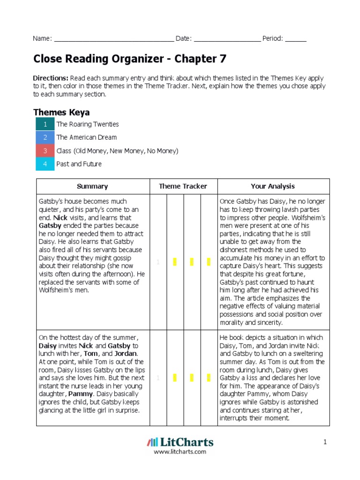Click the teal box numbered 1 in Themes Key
coord(45,124)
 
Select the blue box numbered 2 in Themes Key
coord(45,137)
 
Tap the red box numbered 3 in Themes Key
coord(45,151)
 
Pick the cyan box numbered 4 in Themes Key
coord(45,164)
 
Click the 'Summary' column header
coord(92,186)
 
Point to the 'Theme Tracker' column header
coord(183,186)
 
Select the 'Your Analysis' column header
coord(273,186)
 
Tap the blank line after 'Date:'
coord(227,39)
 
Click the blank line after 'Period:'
coord(296,39)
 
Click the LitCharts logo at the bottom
coord(180,442)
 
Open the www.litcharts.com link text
coord(180,452)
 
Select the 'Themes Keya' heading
coord(61,112)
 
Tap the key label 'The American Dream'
coord(87,137)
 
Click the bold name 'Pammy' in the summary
coord(80,394)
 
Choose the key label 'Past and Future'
coord(79,164)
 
